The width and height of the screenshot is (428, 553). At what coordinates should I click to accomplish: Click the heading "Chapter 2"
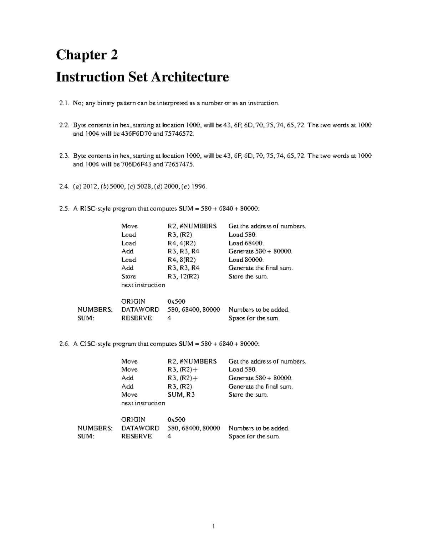pos(87,55)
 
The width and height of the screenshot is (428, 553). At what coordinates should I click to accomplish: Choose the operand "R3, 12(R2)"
pos(183,276)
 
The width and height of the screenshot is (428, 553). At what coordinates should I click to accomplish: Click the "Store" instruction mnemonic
pos(128,276)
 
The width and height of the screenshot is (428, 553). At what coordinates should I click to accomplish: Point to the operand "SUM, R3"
pos(181,395)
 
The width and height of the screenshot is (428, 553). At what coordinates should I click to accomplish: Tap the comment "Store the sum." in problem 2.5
pos(248,276)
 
